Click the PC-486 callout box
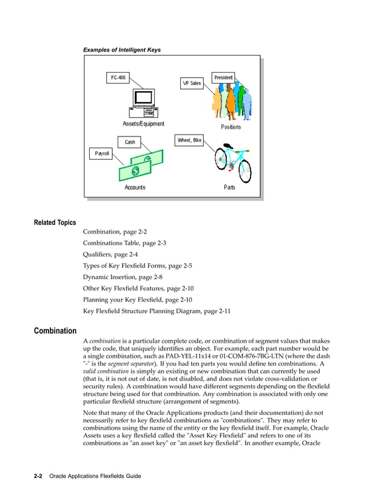pyautogui.click(x=118, y=78)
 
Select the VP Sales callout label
pyautogui.click(x=192, y=83)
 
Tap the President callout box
pyautogui.click(x=223, y=78)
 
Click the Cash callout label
pyautogui.click(x=130, y=142)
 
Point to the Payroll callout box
pyautogui.click(x=102, y=153)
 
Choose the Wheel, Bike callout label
pyautogui.click(x=189, y=140)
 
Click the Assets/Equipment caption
pyautogui.click(x=143, y=124)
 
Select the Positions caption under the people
pyautogui.click(x=231, y=127)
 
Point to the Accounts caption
pyautogui.click(x=135, y=187)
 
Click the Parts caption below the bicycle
pyautogui.click(x=229, y=187)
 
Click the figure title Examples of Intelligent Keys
pyautogui.click(x=122, y=49)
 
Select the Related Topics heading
pyautogui.click(x=55, y=223)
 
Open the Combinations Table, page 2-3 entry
pyautogui.click(x=124, y=243)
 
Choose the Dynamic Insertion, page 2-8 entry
pyautogui.click(x=123, y=277)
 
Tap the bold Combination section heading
pyautogui.click(x=55, y=331)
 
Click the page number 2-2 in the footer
pyautogui.click(x=38, y=476)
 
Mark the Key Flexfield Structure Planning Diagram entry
pyautogui.click(x=156, y=311)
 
